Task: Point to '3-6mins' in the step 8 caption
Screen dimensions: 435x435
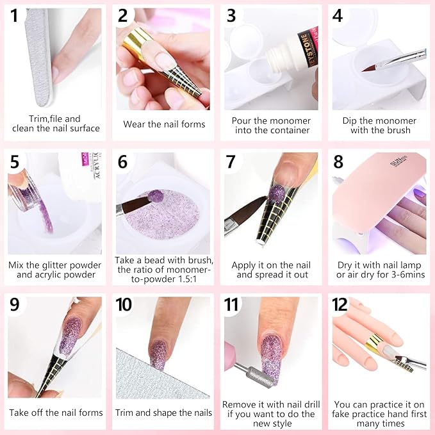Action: [x=407, y=275]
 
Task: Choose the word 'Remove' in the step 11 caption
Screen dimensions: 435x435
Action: [x=238, y=404]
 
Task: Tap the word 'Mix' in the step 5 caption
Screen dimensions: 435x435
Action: [x=17, y=265]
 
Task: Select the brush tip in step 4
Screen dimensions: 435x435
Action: [x=371, y=68]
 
